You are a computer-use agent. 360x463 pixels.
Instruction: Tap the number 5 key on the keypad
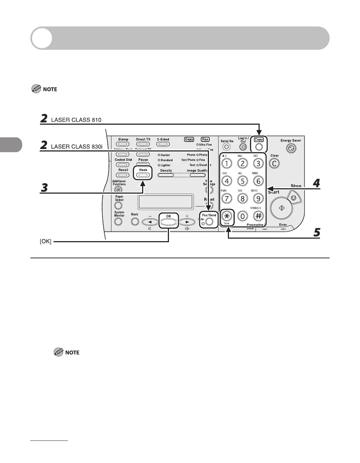[x=242, y=181]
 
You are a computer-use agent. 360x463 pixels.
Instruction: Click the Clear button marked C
[x=274, y=164]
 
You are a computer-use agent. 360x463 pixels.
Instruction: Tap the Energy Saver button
[x=291, y=149]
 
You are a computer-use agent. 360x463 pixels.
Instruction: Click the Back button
[x=135, y=221]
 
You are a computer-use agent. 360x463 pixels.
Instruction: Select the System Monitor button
[x=119, y=221]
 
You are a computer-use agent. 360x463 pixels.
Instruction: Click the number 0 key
[x=243, y=216]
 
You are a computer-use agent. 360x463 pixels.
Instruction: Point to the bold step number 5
[x=316, y=233]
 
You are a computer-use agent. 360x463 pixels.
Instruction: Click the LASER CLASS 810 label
[x=76, y=120]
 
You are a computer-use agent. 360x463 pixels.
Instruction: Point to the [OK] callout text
[x=45, y=242]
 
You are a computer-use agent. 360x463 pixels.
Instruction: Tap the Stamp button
[x=123, y=144]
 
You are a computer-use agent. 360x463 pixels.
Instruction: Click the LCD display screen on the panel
[x=166, y=202]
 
